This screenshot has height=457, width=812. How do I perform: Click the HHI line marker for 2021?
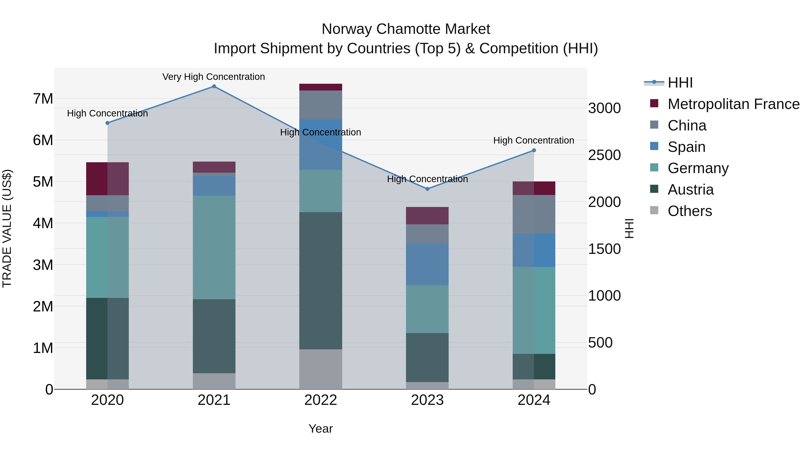(x=214, y=86)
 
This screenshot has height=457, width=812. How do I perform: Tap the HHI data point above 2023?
(x=427, y=189)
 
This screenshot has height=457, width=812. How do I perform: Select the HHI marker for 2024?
(x=534, y=151)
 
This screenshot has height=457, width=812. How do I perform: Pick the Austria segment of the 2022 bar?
(x=321, y=281)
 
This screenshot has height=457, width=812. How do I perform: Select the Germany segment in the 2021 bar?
(x=214, y=248)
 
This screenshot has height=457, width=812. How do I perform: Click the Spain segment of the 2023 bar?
(x=427, y=264)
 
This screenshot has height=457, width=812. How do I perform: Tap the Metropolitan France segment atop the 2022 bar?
(x=321, y=87)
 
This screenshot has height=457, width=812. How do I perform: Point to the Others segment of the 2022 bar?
(x=321, y=369)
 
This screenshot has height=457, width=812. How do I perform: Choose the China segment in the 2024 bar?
(x=534, y=214)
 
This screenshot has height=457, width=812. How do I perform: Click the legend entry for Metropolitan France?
(x=734, y=104)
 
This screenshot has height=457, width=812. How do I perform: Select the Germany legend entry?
(x=698, y=168)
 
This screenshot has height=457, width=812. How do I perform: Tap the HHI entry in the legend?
(x=680, y=83)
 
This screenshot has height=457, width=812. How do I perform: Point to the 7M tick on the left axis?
(x=43, y=99)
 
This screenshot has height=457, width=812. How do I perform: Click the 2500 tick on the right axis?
(x=604, y=155)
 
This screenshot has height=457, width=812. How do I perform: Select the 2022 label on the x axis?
(x=321, y=400)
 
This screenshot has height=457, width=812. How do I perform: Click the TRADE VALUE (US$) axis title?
(x=7, y=228)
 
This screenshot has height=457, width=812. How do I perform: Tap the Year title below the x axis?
(x=321, y=429)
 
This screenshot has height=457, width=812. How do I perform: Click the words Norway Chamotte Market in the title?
(x=406, y=29)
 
